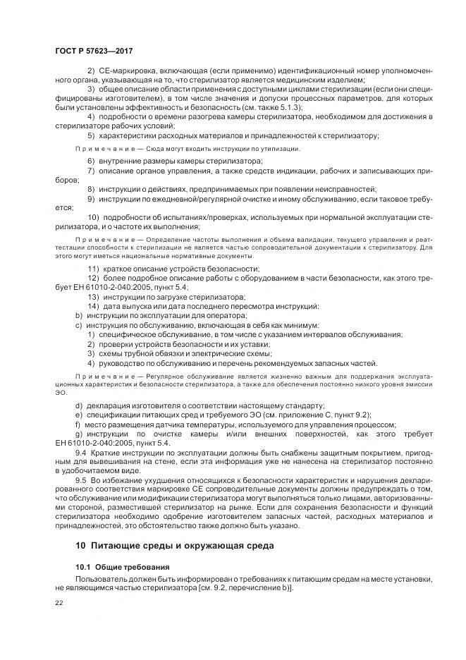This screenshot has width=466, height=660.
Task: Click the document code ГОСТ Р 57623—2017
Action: click(x=94, y=51)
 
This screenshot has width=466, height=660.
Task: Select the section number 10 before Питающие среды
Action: click(x=81, y=546)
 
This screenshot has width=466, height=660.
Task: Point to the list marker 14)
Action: click(x=92, y=306)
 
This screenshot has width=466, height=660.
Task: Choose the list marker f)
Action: click(x=78, y=424)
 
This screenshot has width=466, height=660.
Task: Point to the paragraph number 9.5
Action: click(x=81, y=479)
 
